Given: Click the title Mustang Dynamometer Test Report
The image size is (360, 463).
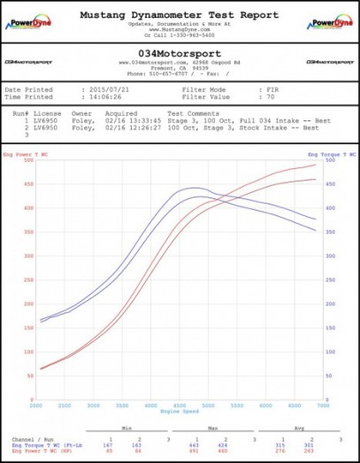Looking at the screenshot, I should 179,15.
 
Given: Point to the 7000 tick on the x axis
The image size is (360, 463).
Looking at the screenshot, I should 319,405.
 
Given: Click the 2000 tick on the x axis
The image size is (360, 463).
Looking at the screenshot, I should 36,405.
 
